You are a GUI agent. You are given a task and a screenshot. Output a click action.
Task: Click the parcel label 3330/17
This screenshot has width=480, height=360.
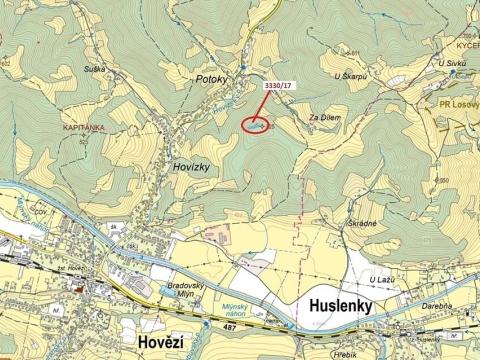278,87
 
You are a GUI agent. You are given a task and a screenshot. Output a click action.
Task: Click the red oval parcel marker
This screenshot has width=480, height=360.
257,125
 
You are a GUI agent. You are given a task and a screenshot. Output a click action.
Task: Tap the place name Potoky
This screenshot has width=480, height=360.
213,77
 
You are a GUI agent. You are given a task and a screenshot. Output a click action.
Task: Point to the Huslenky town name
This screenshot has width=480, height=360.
335,308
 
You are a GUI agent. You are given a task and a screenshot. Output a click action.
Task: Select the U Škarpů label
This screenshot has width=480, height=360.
351,76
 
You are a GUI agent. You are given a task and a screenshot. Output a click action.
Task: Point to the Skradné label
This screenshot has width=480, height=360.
362,224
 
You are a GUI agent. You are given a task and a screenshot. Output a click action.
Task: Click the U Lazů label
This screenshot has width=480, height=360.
381,279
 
